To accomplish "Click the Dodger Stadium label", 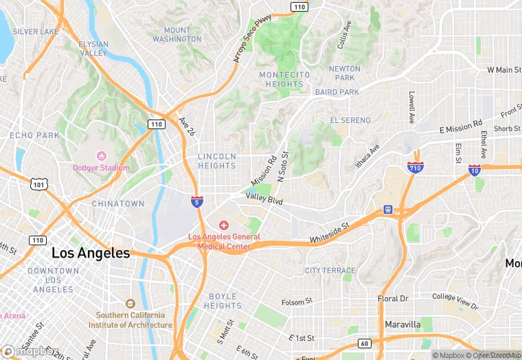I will (x=101, y=168).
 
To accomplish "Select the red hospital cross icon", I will (x=224, y=226).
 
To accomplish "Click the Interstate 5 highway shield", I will (x=197, y=201).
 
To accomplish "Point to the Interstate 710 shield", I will (x=415, y=167).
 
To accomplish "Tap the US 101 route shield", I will (x=38, y=183).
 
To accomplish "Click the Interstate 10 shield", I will (x=475, y=170).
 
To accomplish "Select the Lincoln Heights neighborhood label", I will (x=217, y=161).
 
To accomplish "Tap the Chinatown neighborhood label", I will (x=118, y=203).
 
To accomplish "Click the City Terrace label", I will (x=330, y=271).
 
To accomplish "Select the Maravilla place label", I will (x=402, y=324).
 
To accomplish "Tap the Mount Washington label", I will (x=177, y=34).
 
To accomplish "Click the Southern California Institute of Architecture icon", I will (x=130, y=304).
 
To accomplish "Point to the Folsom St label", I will (x=297, y=301).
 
